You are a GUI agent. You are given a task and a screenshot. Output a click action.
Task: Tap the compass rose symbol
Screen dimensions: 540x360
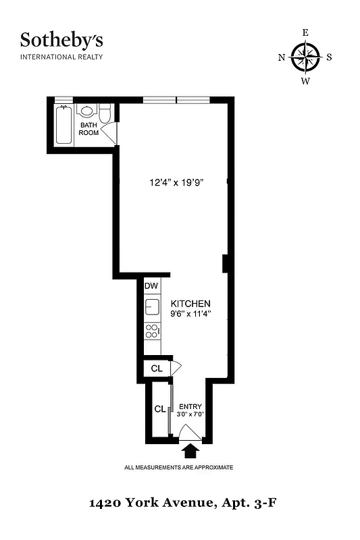(305, 57)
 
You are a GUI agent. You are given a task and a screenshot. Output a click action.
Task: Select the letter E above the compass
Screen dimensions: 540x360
(305, 32)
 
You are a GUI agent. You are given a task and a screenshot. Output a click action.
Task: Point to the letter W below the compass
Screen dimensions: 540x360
(305, 82)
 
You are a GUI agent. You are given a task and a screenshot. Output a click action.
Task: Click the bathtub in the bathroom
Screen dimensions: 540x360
(64, 124)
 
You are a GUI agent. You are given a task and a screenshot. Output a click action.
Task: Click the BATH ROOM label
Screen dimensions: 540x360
(89, 129)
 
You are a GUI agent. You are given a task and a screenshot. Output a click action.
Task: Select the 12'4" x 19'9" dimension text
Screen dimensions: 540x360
(176, 182)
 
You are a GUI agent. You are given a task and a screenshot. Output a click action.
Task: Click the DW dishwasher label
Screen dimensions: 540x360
(151, 286)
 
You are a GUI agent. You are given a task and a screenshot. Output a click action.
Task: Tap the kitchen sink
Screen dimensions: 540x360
(152, 307)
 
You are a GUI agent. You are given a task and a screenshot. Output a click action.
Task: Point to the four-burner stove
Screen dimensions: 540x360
(153, 331)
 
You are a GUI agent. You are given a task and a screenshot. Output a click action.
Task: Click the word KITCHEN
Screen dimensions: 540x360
(190, 304)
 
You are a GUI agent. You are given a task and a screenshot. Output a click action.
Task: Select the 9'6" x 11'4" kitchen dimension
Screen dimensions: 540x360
(190, 314)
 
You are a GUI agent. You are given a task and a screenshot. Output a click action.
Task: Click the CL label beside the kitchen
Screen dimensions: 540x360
(156, 369)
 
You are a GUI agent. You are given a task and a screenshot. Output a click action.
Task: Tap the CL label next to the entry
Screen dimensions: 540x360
(160, 409)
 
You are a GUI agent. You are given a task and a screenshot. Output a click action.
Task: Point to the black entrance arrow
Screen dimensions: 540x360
(192, 449)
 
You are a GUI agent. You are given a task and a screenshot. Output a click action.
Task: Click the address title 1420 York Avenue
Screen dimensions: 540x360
(180, 503)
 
